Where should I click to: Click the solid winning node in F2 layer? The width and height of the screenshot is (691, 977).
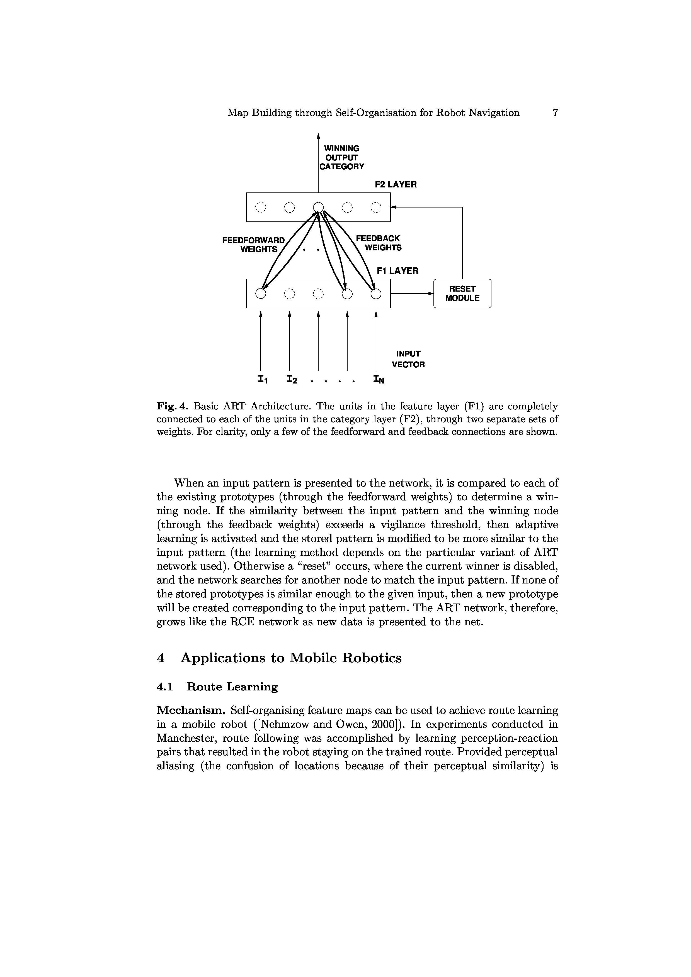(318, 207)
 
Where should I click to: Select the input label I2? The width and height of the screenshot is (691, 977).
(292, 379)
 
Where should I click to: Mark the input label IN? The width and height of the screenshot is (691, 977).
(378, 379)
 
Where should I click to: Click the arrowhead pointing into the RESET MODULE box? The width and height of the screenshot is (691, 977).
(430, 293)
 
